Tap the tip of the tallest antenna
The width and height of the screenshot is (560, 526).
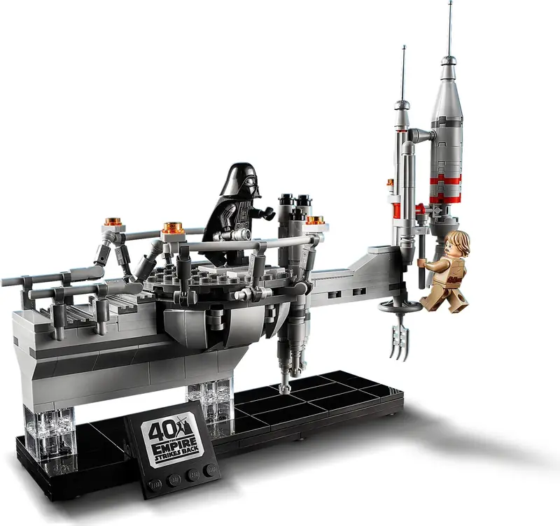pos(450,2)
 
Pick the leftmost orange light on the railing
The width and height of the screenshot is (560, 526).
pos(113,221)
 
